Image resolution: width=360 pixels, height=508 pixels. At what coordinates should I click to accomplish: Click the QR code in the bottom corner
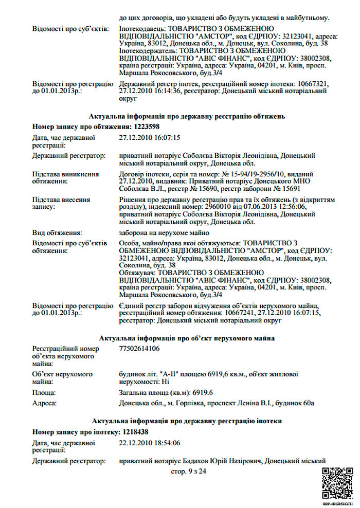pos(337,483)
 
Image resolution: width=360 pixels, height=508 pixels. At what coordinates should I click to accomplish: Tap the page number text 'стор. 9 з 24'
pos(188,471)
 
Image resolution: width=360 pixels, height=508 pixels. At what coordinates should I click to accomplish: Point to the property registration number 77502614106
pos(139,349)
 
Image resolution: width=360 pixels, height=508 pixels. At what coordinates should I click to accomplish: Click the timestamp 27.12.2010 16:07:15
pos(150,137)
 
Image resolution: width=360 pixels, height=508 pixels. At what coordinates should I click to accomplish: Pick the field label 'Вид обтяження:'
pos(57,233)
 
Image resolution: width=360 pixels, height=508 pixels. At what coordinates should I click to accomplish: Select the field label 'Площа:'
pos(45,392)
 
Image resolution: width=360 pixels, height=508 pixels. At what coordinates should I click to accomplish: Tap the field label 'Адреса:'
pos(45,403)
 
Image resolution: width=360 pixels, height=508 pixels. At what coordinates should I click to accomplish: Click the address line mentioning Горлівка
pos(217,403)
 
